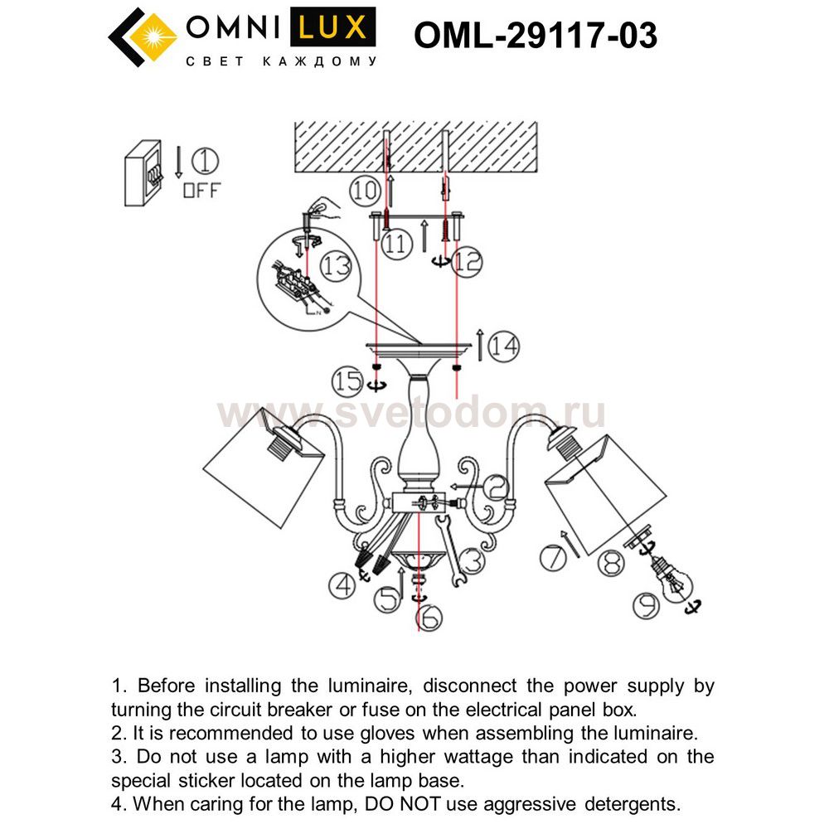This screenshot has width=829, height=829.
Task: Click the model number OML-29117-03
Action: click(535, 35)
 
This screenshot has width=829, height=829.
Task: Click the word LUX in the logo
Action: click(332, 28)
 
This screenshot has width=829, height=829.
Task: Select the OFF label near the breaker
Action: click(201, 190)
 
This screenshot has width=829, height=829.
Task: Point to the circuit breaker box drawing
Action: click(142, 172)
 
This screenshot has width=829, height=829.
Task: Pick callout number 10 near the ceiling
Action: click(364, 191)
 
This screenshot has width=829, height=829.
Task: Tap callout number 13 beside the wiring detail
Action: click(337, 267)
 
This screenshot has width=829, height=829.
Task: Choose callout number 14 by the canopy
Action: click(502, 347)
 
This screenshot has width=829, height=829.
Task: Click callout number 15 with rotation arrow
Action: click(348, 381)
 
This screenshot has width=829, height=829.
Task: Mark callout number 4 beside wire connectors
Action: click(341, 586)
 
